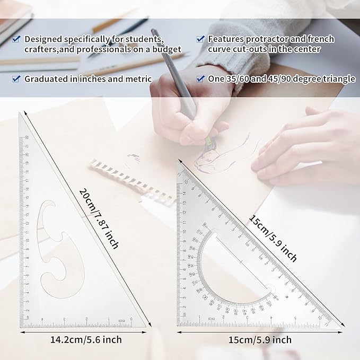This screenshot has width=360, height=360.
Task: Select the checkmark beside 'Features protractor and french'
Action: [x=200, y=39]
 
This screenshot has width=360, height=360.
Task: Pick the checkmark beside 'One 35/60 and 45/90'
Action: [x=200, y=78]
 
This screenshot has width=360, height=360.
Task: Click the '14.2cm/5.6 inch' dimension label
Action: [x=86, y=339]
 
